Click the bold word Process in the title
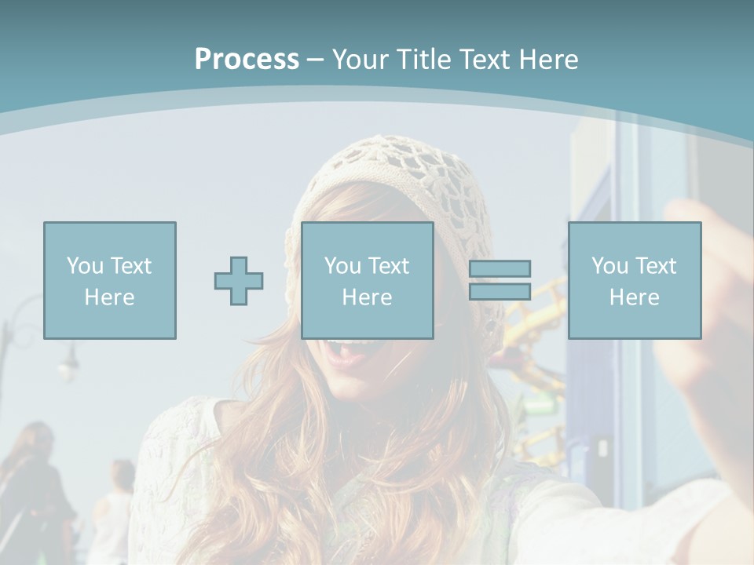tap(247, 60)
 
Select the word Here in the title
tap(545, 60)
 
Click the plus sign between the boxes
tap(239, 280)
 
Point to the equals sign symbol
tap(500, 280)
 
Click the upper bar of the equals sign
tap(500, 269)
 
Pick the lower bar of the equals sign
tap(500, 291)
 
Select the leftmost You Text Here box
tap(110, 280)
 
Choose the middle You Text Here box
tap(367, 280)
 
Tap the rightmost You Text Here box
tap(634, 280)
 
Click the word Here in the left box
tap(110, 297)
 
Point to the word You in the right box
tap(609, 266)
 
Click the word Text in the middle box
tap(389, 266)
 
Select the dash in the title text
tap(316, 60)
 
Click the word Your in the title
tap(361, 60)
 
